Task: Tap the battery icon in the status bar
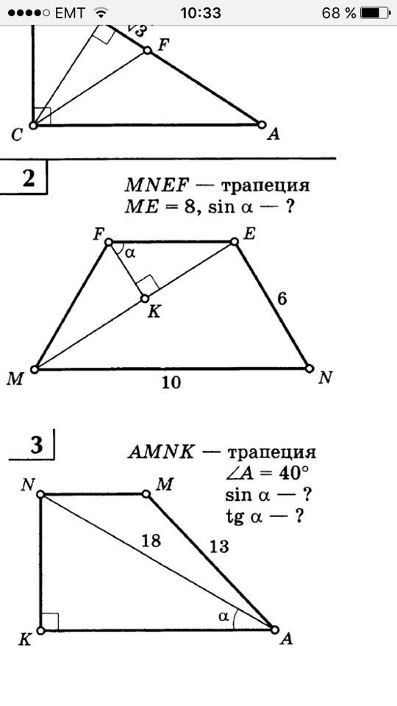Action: click(374, 13)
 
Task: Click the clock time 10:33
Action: click(201, 13)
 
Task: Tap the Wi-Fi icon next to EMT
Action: click(102, 13)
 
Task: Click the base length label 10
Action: click(171, 382)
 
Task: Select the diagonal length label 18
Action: click(151, 541)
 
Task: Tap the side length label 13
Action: click(218, 547)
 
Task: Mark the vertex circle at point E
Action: click(234, 242)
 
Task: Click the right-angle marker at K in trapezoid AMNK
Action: click(49, 621)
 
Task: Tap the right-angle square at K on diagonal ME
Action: click(148, 285)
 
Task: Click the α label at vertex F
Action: click(130, 254)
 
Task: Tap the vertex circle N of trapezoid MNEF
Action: click(310, 368)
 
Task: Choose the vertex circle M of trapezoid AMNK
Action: click(146, 494)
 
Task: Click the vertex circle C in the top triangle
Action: click(33, 125)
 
